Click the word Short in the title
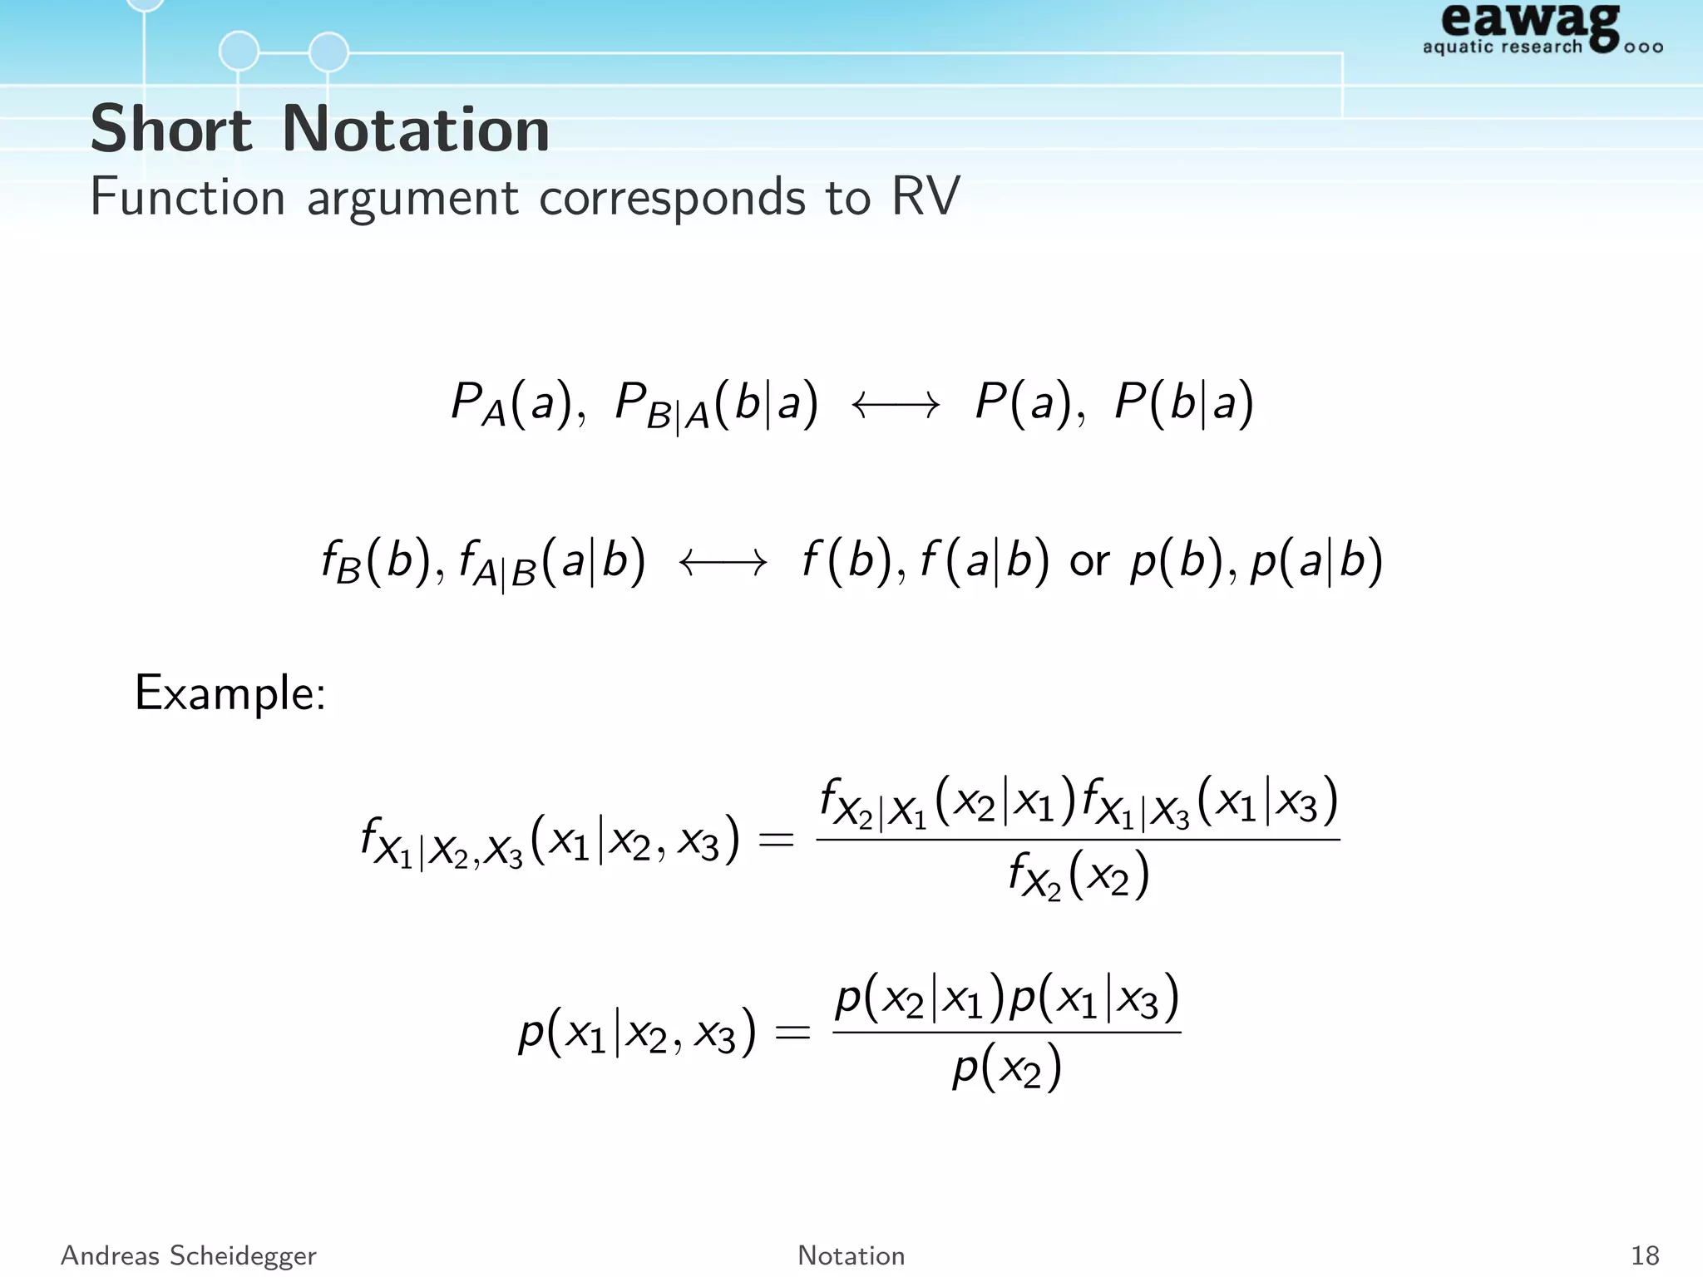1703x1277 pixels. coord(170,130)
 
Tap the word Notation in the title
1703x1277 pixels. coord(416,130)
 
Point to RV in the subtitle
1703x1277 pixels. coord(926,197)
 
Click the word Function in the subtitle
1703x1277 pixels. coord(188,197)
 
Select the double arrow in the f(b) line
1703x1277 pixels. coord(723,564)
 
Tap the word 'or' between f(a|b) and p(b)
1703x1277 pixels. coord(1089,562)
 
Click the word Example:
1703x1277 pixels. coord(230,693)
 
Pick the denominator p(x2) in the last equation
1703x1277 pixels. coord(1007,1068)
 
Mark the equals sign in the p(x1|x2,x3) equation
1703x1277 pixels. coord(792,1033)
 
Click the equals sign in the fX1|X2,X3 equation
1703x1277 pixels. coord(777,840)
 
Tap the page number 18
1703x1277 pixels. coord(1645,1255)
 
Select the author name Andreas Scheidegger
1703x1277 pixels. coord(189,1255)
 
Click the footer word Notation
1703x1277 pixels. coord(851,1255)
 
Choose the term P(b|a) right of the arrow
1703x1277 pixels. coord(1183,403)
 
